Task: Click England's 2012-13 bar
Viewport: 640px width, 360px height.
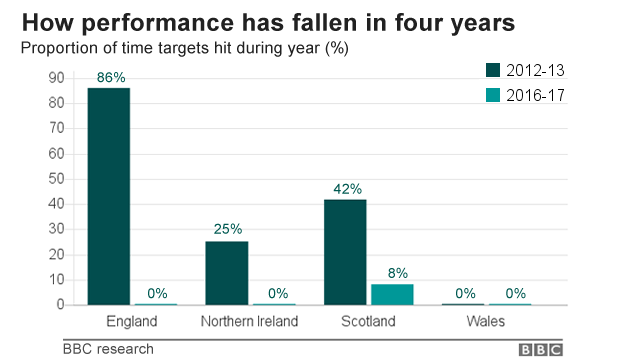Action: [108, 196]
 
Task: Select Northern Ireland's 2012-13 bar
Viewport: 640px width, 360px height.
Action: [226, 272]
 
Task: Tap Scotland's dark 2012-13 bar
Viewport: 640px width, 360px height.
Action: [345, 251]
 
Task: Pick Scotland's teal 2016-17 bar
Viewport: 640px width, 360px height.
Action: [392, 294]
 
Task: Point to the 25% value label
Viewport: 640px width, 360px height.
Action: [227, 229]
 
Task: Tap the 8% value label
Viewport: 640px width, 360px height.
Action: [397, 272]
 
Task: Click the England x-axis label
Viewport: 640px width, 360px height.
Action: [132, 322]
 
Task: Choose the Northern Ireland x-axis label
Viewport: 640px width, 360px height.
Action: [250, 322]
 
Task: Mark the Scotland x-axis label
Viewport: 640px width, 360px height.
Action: [369, 322]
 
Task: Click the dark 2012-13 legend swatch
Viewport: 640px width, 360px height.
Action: [494, 71]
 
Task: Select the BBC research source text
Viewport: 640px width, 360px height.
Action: [108, 349]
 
